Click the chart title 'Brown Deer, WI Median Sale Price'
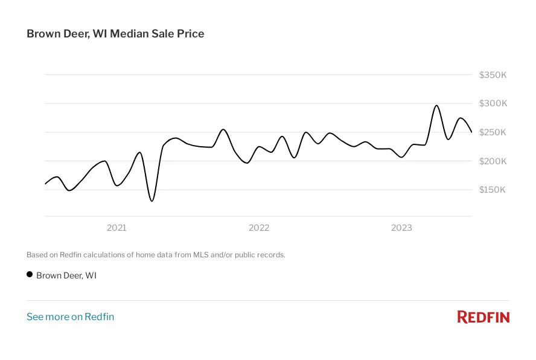[x=115, y=34]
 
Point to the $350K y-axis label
[x=493, y=75]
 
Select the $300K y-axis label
[x=493, y=104]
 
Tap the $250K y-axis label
[x=493, y=132]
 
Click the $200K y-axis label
[x=493, y=161]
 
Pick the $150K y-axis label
[x=493, y=190]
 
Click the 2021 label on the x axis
[x=116, y=228]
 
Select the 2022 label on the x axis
[x=259, y=228]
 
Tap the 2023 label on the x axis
[x=401, y=228]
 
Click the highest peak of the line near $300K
[x=436, y=106]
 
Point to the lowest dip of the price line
[x=152, y=201]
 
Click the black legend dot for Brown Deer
[x=30, y=275]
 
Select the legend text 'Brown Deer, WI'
[x=66, y=275]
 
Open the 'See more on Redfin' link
[x=70, y=317]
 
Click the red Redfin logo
[x=483, y=317]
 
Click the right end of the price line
[x=471, y=132]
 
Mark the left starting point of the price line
[x=45, y=183]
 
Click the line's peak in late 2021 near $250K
[x=223, y=129]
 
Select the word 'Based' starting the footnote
[x=37, y=255]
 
